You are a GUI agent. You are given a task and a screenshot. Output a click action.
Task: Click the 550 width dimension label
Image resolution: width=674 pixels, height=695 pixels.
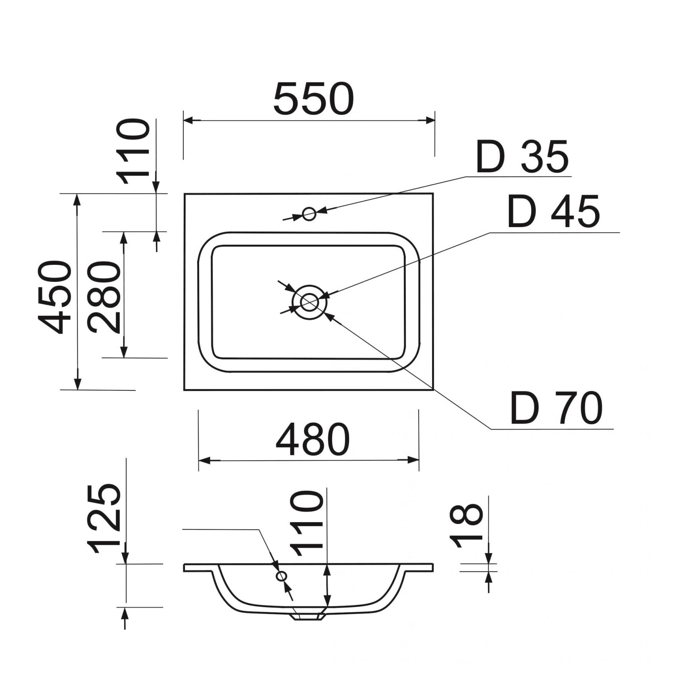313,99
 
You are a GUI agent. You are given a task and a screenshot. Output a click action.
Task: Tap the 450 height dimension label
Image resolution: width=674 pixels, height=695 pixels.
54,297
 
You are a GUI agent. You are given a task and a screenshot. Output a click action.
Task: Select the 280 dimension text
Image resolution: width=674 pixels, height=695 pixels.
104,297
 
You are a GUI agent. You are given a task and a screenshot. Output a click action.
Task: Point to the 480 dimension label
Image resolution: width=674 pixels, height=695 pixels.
313,440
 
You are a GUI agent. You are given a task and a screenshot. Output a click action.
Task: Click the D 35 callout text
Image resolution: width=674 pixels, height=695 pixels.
522,156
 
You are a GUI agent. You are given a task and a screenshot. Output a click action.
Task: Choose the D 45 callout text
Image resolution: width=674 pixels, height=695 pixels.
554,211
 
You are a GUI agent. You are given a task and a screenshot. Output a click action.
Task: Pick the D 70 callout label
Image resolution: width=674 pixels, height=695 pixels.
556,408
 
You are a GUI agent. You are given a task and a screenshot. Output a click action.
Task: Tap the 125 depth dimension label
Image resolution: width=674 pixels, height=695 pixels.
104,519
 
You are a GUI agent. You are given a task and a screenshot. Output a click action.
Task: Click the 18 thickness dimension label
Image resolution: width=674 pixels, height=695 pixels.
466,525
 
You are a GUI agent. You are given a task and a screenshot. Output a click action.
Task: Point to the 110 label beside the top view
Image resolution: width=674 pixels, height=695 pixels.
133,151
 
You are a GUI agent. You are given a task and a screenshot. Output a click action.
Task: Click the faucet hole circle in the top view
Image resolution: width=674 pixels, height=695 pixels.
309,214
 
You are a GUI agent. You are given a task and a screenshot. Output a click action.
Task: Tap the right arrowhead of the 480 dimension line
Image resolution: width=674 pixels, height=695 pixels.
414,460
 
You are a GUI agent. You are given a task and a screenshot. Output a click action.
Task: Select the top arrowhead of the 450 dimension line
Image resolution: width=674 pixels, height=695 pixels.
78,199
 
